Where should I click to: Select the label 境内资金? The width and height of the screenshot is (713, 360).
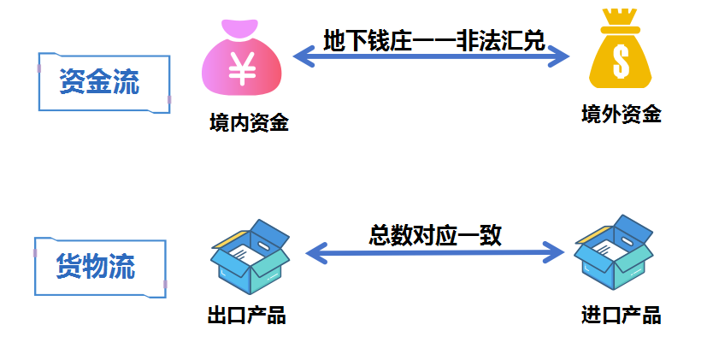pyautogui.click(x=249, y=124)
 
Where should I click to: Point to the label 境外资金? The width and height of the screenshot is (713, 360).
pyautogui.click(x=622, y=115)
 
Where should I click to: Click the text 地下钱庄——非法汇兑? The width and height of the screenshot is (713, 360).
pyautogui.click(x=434, y=40)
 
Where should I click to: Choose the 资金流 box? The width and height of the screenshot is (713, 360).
pyautogui.click(x=103, y=82)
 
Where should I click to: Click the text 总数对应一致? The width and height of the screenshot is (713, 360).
pyautogui.click(x=435, y=234)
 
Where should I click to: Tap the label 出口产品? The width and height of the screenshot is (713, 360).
pyautogui.click(x=246, y=316)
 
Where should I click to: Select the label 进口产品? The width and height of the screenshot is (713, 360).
pyautogui.click(x=622, y=315)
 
